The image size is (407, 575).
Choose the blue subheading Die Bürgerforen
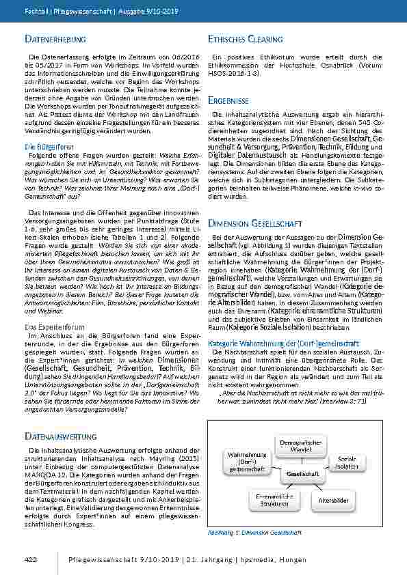tap(43, 147)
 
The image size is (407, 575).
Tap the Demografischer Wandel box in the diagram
tap(296, 447)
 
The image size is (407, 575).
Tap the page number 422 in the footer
tap(30, 560)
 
